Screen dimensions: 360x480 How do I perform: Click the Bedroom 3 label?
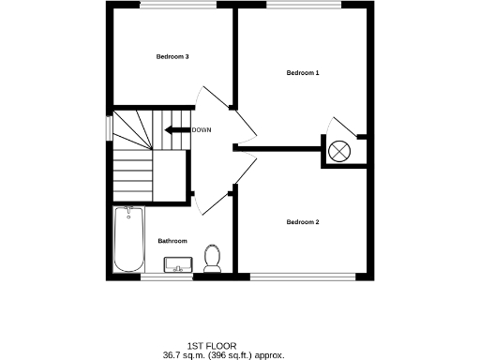[x=172, y=57]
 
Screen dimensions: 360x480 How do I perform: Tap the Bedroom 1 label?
[x=303, y=73]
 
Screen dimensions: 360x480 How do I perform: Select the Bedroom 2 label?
[x=303, y=222]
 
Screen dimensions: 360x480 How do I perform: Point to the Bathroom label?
[x=172, y=241]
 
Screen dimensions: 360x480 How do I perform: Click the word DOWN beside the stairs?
[x=201, y=130]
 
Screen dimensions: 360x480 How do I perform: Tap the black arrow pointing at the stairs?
[x=176, y=130]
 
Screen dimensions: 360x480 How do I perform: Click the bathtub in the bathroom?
[x=127, y=239]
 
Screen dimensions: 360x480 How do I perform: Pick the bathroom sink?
[x=176, y=265]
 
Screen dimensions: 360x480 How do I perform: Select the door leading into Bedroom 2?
[x=246, y=167]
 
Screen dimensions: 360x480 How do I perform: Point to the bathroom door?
[x=214, y=201]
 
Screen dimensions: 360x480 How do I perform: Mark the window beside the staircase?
[x=110, y=126]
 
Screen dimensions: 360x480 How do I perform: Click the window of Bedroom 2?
[x=303, y=277]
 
